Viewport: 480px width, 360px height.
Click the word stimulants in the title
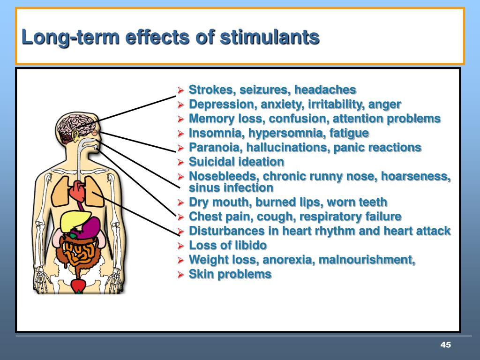pos(270,37)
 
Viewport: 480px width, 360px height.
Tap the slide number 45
pos(445,345)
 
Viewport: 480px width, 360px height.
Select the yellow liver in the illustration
pos(75,221)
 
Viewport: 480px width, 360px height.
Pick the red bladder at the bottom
pos(79,286)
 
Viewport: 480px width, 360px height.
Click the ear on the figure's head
pos(75,135)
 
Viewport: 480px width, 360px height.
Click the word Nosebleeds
pos(224,176)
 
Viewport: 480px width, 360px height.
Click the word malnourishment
pos(367,260)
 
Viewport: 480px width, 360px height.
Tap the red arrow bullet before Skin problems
pos(180,275)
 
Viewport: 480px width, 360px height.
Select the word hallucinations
pos(288,147)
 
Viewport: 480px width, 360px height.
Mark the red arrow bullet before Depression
pos(180,105)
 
